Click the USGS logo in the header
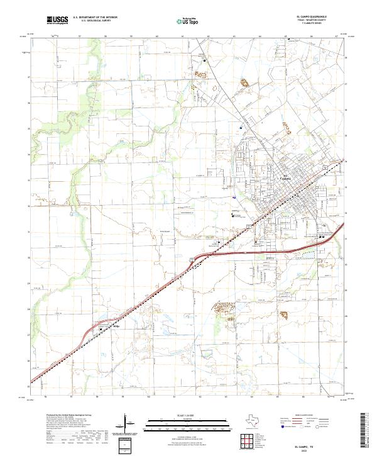tap(58, 21)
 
